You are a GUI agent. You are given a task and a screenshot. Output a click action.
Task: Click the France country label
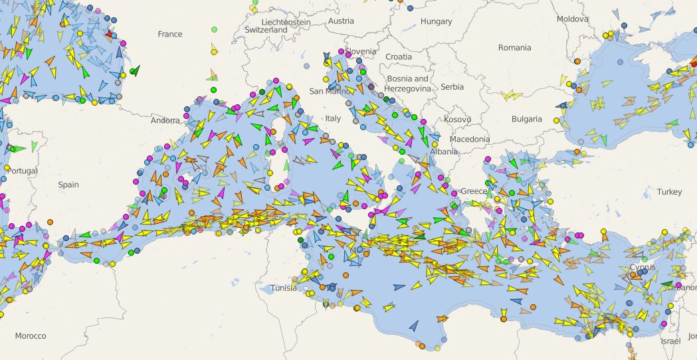[169, 34]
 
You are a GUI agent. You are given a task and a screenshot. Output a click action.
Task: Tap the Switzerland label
[266, 30]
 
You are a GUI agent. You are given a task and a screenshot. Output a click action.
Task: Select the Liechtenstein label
[286, 22]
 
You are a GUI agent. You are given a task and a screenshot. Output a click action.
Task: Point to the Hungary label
[436, 21]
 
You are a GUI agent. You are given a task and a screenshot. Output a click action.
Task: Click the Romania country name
[514, 48]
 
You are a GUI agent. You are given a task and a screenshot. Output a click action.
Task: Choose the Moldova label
[572, 19]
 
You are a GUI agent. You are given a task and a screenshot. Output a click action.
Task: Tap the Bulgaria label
[526, 119]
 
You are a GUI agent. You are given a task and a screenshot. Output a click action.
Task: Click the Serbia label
[452, 87]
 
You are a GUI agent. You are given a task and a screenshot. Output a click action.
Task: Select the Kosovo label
[457, 120]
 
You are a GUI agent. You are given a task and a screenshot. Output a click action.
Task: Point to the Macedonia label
[469, 139]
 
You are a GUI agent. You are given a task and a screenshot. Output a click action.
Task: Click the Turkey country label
[669, 192]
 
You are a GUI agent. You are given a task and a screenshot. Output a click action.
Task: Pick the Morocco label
[31, 336]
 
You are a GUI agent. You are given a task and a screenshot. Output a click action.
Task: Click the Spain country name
[68, 185]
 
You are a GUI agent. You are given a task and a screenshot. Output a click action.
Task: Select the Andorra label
[165, 121]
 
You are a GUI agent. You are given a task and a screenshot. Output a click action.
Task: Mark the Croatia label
[399, 57]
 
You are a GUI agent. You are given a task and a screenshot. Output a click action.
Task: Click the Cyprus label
[642, 268]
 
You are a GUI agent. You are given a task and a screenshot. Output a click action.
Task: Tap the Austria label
[341, 21]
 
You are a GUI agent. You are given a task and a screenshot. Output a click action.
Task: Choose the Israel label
[670, 341]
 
